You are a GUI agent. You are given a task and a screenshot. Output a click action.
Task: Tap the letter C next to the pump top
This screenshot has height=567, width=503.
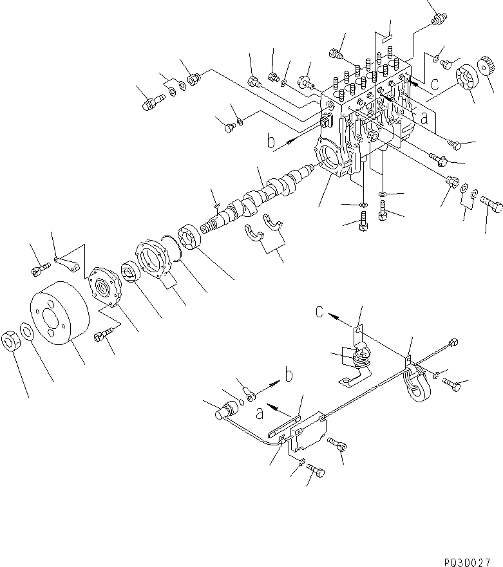(x=436, y=83)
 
